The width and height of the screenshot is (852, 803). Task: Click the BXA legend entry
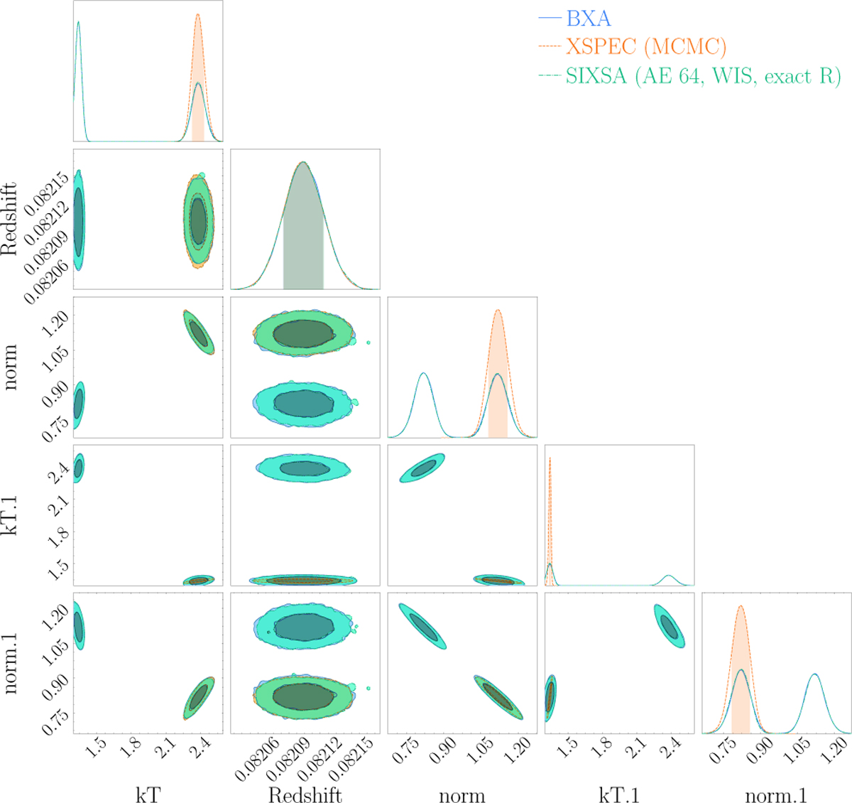point(588,18)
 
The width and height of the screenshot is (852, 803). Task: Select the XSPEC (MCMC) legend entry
point(645,47)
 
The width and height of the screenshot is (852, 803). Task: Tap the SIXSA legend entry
point(702,76)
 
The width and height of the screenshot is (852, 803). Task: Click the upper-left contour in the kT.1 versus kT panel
point(79,468)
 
